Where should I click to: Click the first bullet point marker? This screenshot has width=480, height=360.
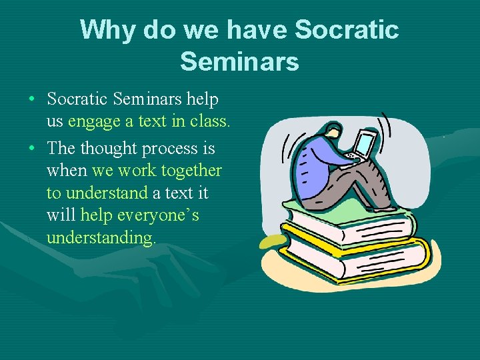pyautogui.click(x=32, y=100)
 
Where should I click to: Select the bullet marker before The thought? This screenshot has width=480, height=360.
pyautogui.click(x=32, y=149)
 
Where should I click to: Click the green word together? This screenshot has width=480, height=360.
pyautogui.click(x=191, y=171)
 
